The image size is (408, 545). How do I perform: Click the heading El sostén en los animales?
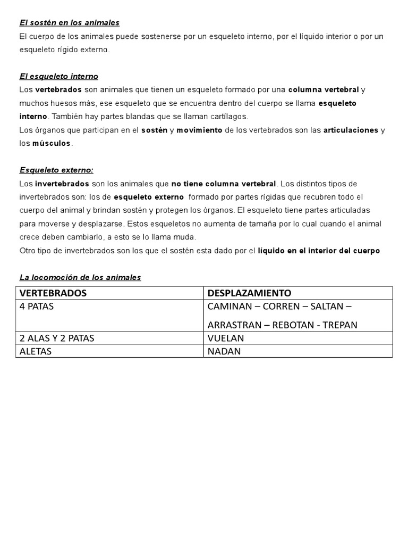70,23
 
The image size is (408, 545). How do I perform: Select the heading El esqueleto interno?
59,77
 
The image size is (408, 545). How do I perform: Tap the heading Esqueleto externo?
56,170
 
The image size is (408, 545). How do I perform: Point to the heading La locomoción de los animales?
80,277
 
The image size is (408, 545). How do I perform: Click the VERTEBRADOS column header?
53,293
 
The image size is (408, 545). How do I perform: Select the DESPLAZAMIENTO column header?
249,293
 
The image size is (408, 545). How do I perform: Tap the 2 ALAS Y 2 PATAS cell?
57,338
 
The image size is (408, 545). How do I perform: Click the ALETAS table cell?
36,351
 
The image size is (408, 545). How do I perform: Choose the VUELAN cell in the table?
225,338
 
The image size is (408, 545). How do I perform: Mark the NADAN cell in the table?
224,351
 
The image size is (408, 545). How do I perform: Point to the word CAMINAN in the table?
228,307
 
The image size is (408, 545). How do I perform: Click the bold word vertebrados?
58,90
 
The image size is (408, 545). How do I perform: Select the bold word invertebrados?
62,184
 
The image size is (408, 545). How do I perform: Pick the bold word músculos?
52,143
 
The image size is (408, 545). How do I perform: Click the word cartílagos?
226,117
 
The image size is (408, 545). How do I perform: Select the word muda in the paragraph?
185,237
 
